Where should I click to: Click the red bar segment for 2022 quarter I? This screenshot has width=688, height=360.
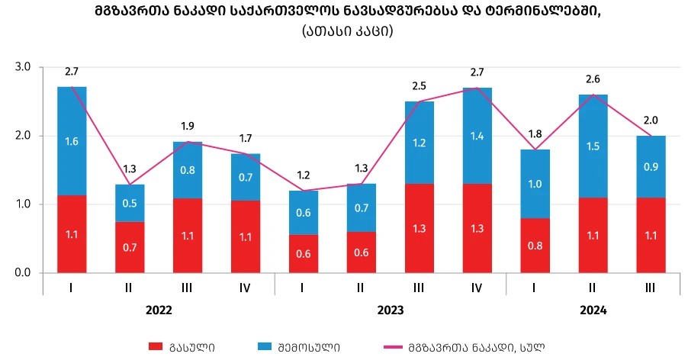[72, 233]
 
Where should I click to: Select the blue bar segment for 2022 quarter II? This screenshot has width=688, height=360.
[130, 203]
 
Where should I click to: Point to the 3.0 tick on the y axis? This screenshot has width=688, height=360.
[22, 67]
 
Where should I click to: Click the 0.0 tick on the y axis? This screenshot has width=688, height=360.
[22, 273]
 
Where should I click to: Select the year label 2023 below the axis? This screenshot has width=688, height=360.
[391, 310]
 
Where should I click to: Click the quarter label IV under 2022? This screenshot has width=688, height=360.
[246, 288]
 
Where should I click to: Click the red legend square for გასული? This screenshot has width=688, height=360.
[155, 346]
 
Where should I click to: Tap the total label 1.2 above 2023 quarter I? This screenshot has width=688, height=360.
[304, 175]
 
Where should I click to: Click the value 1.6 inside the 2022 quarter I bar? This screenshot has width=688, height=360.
[72, 141]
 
